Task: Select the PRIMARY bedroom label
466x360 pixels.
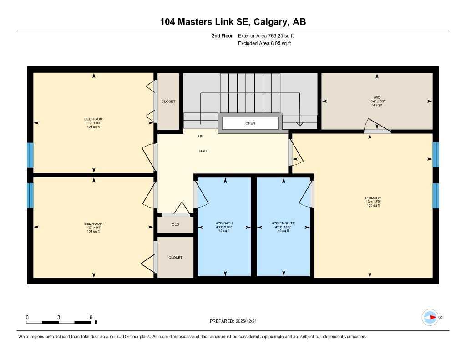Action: click(x=373, y=198)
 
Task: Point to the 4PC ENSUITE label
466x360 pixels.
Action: click(x=283, y=223)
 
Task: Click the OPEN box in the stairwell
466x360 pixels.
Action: click(x=250, y=123)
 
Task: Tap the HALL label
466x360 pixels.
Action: click(x=203, y=151)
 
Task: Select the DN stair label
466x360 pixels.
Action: click(x=201, y=136)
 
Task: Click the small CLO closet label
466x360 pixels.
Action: click(x=175, y=224)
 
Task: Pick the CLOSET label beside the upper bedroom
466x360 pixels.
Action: click(x=168, y=101)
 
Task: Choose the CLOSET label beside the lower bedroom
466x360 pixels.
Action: click(x=175, y=258)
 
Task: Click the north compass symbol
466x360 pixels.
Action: click(x=430, y=317)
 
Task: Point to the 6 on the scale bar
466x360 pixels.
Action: click(x=91, y=317)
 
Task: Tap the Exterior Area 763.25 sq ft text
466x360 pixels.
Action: click(x=269, y=35)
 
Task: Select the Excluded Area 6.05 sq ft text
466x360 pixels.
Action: click(x=264, y=44)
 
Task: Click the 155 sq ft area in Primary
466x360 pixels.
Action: click(x=373, y=206)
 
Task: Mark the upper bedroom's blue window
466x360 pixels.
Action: click(x=30, y=155)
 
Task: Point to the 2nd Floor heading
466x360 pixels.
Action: click(x=222, y=35)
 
